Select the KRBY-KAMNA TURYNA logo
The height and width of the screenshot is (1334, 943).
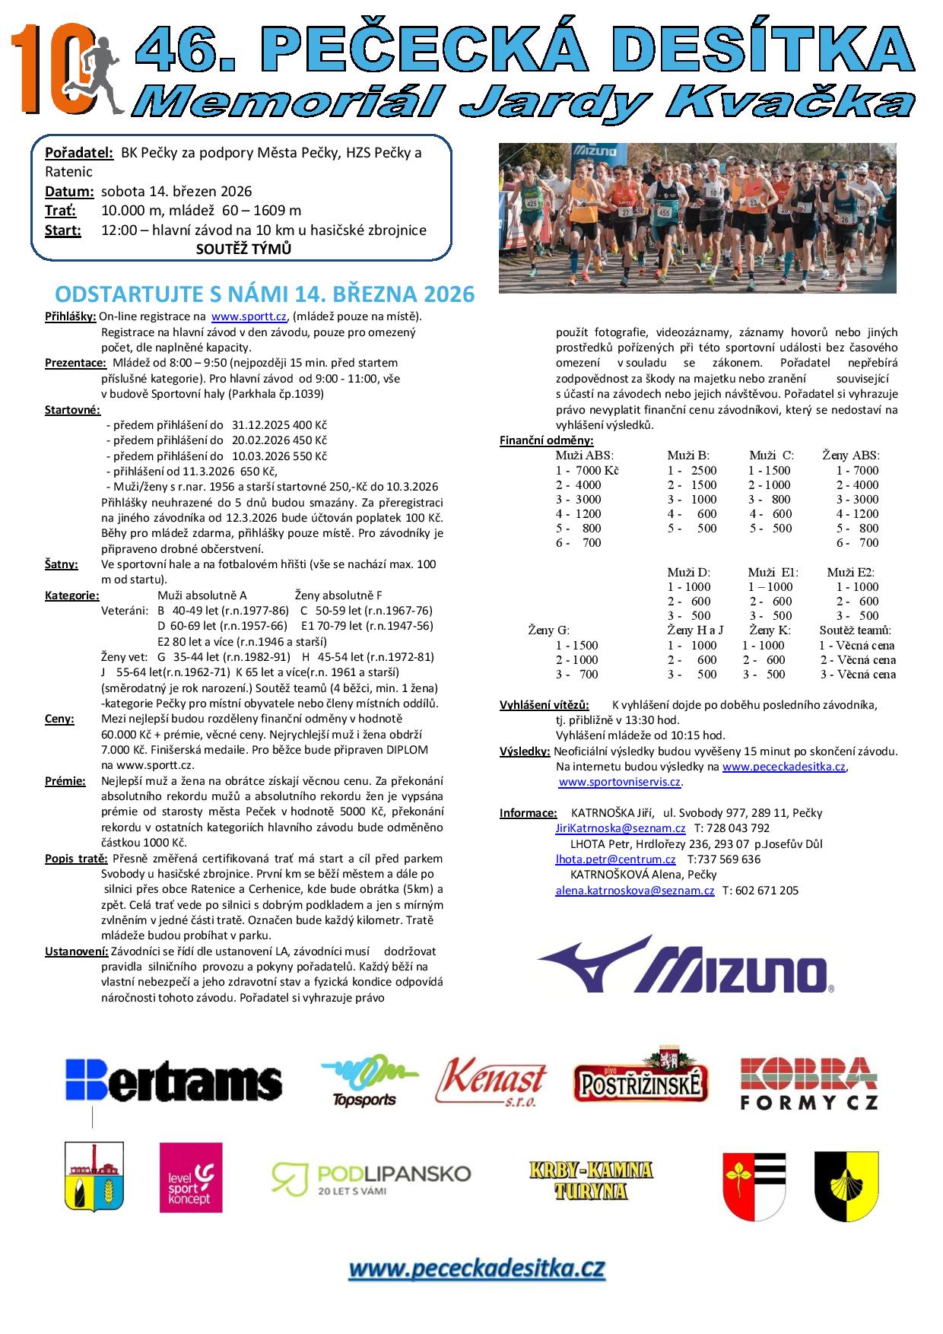pos(591,1180)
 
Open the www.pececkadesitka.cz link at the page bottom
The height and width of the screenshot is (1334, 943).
pos(477,1269)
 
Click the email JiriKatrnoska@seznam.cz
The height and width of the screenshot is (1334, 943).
pos(620,828)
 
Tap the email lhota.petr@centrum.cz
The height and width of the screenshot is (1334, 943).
pos(615,859)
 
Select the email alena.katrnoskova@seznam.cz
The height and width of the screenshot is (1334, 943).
pos(634,891)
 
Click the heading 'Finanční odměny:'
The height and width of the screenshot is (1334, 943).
pos(546,440)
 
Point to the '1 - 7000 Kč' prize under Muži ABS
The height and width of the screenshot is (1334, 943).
pos(587,470)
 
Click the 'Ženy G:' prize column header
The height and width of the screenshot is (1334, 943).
pos(548,630)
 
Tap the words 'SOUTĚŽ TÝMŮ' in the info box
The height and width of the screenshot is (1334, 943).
pos(243,249)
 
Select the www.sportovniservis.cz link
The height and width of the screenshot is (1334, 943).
pos(620,782)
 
